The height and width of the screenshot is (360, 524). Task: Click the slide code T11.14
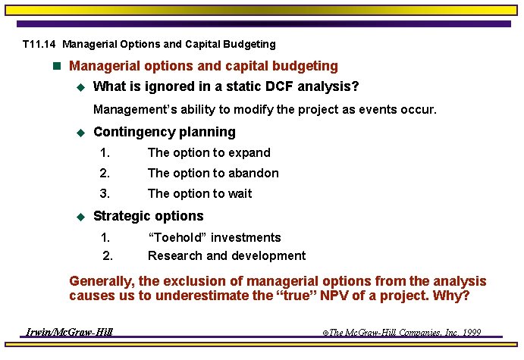point(37,45)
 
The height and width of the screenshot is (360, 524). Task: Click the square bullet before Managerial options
point(55,67)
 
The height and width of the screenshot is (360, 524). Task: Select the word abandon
point(253,174)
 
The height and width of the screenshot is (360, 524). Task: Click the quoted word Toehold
point(177,238)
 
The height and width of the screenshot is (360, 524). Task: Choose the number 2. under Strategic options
point(107,256)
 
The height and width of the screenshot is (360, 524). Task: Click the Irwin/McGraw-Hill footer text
point(69,333)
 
